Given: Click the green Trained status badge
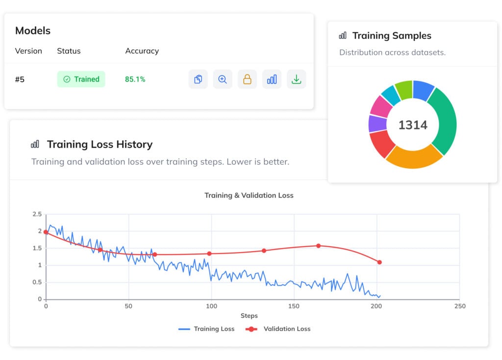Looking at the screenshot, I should (81, 79).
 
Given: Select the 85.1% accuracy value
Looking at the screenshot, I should (135, 79).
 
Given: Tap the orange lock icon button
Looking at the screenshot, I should (247, 79).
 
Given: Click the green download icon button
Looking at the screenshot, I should (296, 79).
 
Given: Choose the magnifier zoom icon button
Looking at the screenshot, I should (223, 79).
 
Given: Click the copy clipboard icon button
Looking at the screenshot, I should (198, 79).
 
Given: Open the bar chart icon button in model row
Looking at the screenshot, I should (272, 79).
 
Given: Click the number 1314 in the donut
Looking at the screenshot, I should (412, 125).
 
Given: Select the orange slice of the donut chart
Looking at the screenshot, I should (414, 157).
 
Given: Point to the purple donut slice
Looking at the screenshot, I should (377, 124).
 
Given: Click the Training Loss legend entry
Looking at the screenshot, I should (206, 329).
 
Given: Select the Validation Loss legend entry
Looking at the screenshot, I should (280, 329).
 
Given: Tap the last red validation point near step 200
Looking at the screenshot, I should (379, 262).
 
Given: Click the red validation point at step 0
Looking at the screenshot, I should (46, 232).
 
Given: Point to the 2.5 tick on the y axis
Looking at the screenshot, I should (37, 214).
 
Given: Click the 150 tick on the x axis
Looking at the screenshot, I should (294, 306).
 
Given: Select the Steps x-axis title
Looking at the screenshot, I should (249, 316).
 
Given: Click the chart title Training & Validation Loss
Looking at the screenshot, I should (249, 195).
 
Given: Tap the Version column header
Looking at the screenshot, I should (28, 51).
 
